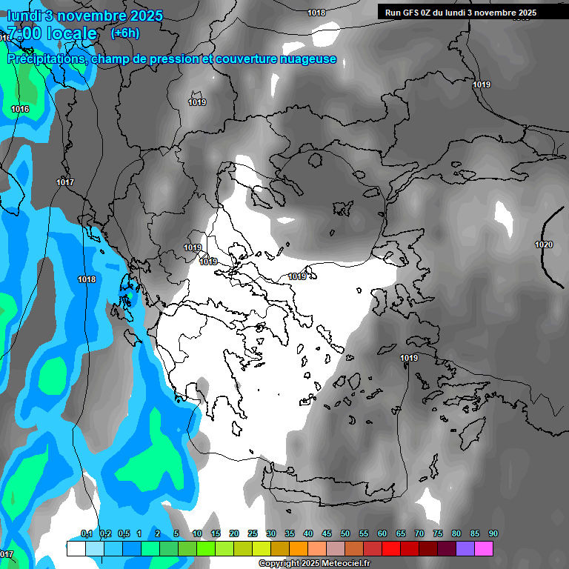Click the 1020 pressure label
coord(543,244)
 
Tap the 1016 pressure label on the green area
coord(20,110)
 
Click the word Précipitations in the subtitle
coord(44,59)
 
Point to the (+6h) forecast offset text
coord(124,33)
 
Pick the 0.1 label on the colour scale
coord(87,534)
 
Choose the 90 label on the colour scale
coord(493,534)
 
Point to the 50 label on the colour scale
coord(345,534)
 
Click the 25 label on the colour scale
coord(253,534)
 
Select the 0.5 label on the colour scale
coord(124,534)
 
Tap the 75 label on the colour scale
coord(438,534)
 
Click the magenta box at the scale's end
coord(484,548)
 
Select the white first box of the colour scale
coord(76,548)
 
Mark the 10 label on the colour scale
coord(197,534)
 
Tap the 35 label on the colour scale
coord(290,534)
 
